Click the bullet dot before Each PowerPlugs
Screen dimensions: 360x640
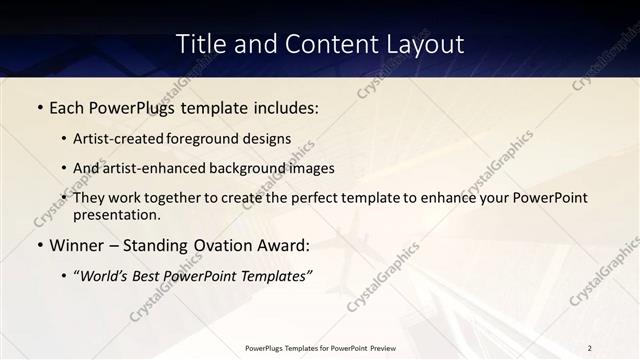click(39, 108)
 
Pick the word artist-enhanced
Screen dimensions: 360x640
click(150, 169)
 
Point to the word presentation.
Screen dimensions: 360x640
click(116, 215)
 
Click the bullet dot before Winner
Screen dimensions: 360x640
click(39, 245)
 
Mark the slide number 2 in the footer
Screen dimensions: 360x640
click(590, 348)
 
